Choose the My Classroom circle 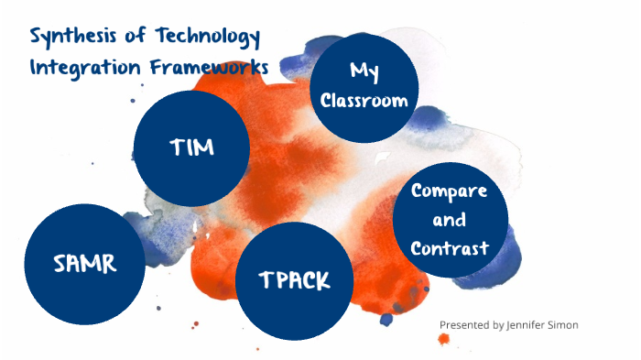click(x=364, y=86)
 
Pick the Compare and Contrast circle click(x=450, y=221)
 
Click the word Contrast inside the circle click(x=450, y=248)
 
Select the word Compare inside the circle click(x=450, y=191)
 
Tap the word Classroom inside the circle click(x=364, y=101)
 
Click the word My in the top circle click(x=364, y=71)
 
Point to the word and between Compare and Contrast click(x=450, y=220)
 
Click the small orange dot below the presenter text click(x=444, y=339)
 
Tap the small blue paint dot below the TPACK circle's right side click(x=386, y=319)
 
